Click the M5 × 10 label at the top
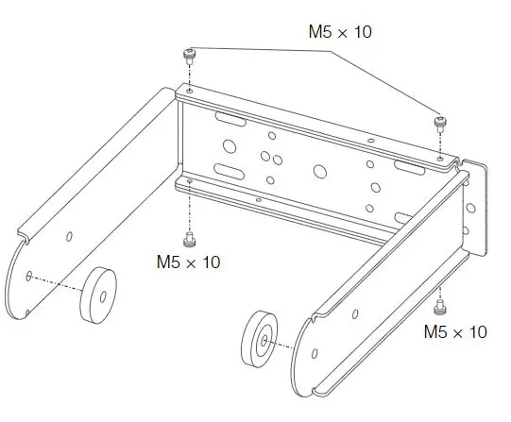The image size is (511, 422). (340, 32)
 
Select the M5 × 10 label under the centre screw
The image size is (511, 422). (188, 262)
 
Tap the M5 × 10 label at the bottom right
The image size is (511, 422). (454, 331)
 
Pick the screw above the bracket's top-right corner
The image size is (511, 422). (439, 123)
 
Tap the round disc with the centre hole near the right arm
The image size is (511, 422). (262, 338)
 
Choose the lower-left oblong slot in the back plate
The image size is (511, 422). (230, 171)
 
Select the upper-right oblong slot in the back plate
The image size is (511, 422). (409, 167)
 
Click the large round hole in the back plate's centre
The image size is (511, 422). (319, 172)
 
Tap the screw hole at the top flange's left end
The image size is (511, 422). (190, 91)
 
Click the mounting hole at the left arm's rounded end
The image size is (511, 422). (31, 276)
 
